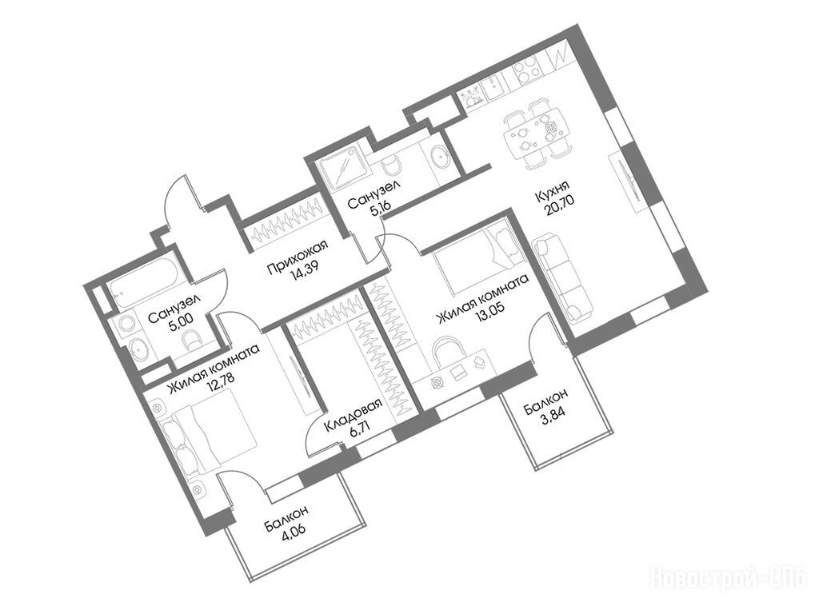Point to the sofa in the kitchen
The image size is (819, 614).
(x=564, y=278)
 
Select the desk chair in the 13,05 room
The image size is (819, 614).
(x=447, y=350)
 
